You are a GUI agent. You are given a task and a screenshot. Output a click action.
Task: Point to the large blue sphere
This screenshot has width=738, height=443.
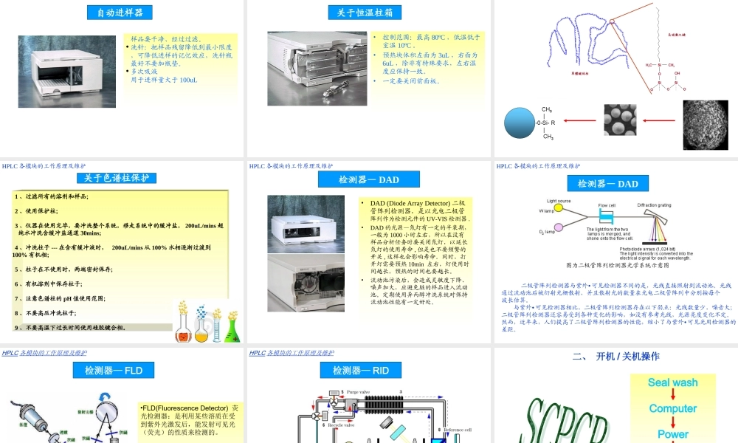pyautogui.click(x=528, y=122)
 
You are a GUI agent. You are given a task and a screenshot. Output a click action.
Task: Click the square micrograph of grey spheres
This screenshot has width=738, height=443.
pyautogui.click(x=620, y=119)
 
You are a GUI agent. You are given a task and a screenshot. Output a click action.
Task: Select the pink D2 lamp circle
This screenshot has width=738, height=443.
pyautogui.click(x=559, y=227)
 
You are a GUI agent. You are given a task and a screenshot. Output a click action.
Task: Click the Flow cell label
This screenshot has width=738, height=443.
pyautogui.click(x=607, y=205)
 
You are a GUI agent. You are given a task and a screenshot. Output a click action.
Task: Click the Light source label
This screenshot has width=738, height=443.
pyautogui.click(x=559, y=201)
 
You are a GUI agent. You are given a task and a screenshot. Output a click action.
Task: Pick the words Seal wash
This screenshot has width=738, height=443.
pyautogui.click(x=672, y=382)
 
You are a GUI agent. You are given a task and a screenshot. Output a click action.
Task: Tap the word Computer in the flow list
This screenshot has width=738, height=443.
pyautogui.click(x=672, y=408)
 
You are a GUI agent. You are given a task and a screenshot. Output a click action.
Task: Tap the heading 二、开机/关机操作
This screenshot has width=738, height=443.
pyautogui.click(x=615, y=357)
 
